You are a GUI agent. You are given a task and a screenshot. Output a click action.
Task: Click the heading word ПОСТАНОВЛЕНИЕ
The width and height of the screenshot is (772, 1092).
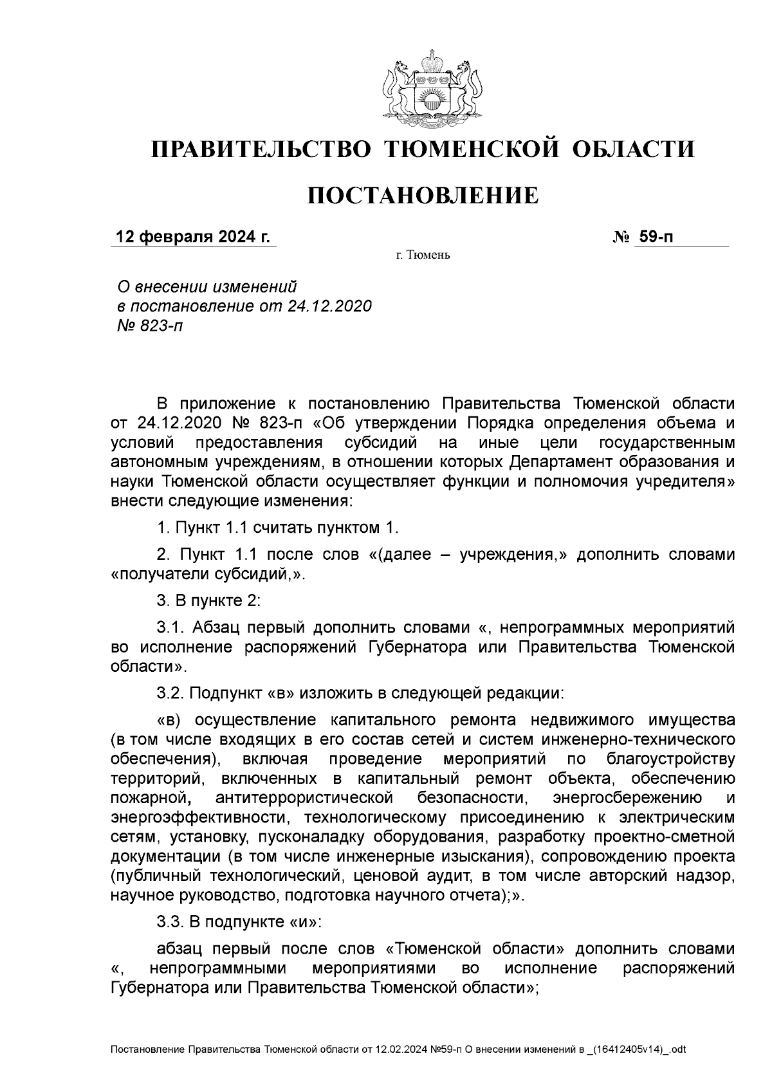(423, 195)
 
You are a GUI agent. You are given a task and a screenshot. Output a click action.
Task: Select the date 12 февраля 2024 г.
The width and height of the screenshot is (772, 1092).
(192, 237)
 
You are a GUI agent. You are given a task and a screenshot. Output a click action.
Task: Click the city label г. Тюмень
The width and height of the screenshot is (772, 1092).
(423, 255)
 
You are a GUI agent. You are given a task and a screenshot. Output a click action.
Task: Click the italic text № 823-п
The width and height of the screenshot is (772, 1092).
(148, 326)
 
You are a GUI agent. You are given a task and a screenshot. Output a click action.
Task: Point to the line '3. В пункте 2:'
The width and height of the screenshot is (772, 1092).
(208, 601)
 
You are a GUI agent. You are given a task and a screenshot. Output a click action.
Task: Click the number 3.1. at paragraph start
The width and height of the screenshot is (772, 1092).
(170, 627)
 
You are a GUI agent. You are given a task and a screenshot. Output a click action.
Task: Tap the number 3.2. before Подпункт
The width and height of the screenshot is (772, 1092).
(170, 693)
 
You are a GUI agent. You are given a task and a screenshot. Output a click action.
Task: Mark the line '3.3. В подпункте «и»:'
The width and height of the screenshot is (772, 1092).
(238, 922)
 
